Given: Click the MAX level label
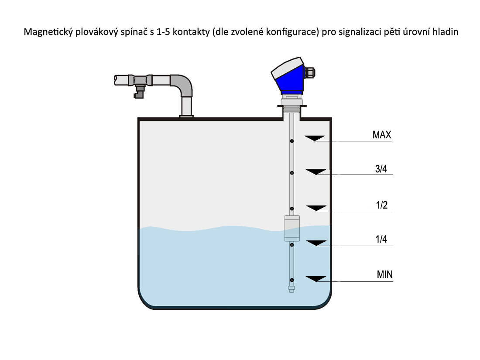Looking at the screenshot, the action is click(382, 135).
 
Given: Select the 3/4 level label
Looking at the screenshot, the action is click(381, 169).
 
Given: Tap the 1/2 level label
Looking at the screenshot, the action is click(382, 205).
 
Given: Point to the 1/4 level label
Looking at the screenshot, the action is click(381, 239).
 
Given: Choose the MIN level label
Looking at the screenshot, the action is click(384, 274).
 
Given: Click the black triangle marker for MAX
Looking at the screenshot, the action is click(315, 138).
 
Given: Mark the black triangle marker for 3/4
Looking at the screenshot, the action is click(316, 172).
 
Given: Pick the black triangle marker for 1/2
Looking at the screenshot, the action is click(316, 208).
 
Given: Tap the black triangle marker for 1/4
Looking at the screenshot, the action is click(316, 243).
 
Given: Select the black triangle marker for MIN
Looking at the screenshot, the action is click(316, 279).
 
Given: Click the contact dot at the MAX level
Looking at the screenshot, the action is click(292, 141).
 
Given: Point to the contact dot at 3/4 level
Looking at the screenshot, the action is click(292, 173).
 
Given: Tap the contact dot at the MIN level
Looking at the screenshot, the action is click(292, 280).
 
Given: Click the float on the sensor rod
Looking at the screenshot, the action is click(292, 228).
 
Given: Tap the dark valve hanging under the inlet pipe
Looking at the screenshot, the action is click(139, 92).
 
